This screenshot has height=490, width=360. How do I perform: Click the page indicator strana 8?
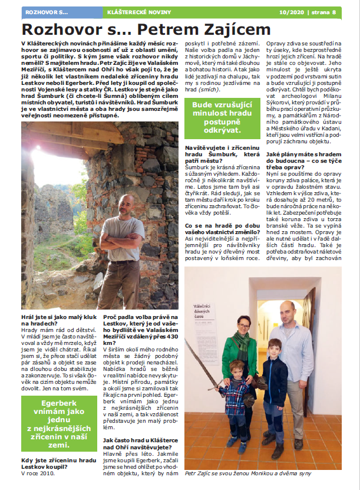click(x=326, y=12)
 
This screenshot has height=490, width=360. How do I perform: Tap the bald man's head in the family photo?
click(x=286, y=308)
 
